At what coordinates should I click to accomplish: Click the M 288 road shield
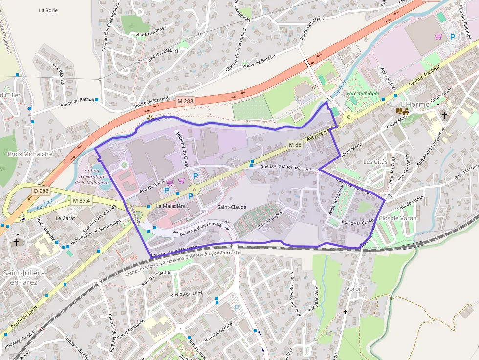[185, 101]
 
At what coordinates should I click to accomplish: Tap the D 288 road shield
[42, 191]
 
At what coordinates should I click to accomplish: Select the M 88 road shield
[295, 145]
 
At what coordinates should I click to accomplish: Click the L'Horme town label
[415, 104]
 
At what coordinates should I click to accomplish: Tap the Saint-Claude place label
[232, 207]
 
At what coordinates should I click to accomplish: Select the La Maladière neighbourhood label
[171, 206]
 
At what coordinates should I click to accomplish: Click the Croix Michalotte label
[30, 154]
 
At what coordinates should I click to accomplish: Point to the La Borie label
[48, 10]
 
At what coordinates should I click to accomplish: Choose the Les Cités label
[375, 162]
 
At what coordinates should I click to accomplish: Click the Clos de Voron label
[397, 218]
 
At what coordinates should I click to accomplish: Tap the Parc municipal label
[363, 93]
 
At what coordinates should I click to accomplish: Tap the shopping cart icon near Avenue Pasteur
[439, 37]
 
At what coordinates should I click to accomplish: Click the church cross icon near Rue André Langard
[444, 116]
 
